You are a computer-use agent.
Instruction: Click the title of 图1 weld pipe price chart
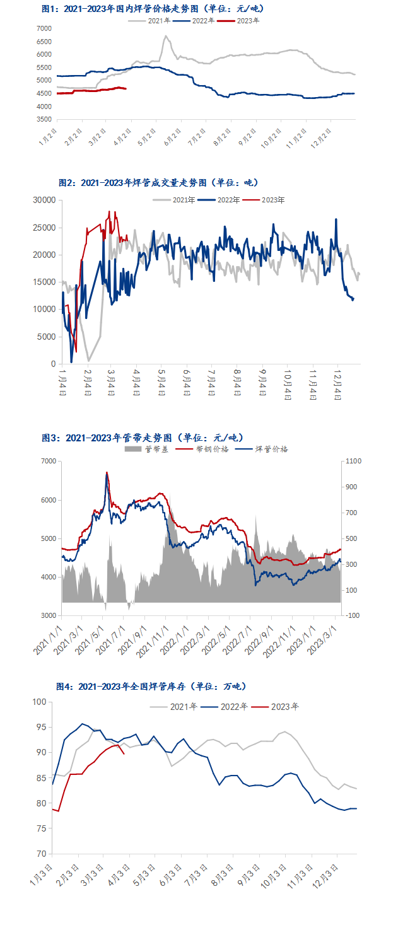[151, 9]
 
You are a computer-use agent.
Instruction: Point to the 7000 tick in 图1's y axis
[44, 29]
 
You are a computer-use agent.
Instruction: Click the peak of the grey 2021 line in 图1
[165, 36]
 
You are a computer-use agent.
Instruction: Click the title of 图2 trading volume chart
[159, 183]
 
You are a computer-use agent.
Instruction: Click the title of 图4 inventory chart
[151, 686]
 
